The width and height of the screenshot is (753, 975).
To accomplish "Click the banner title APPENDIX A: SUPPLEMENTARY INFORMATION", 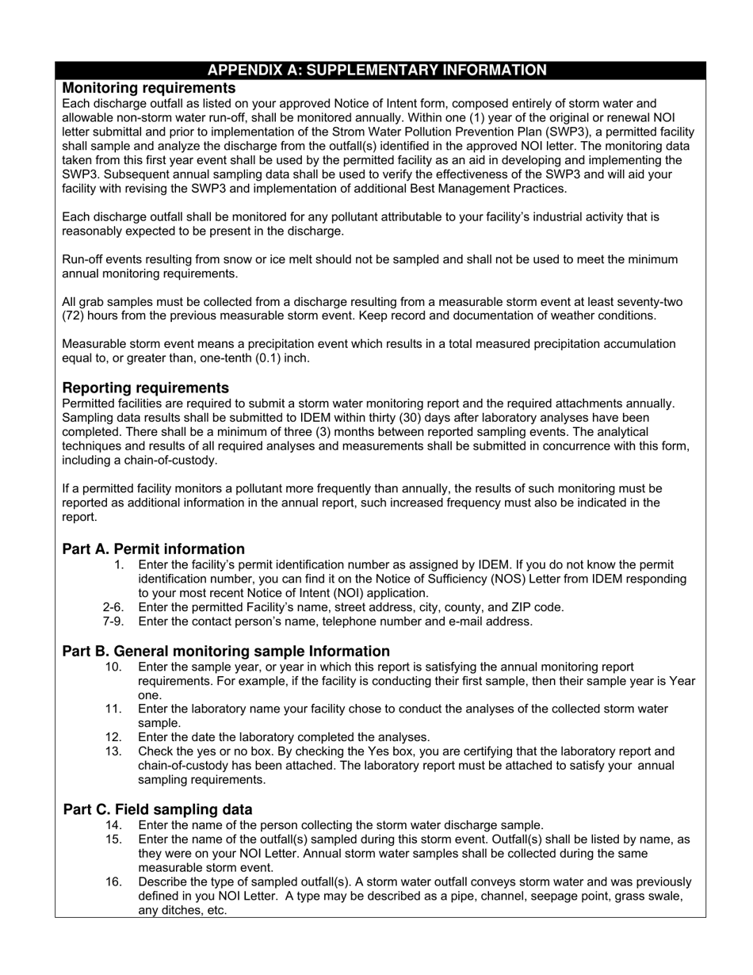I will (376, 71).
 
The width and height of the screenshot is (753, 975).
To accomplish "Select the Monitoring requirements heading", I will (149, 88).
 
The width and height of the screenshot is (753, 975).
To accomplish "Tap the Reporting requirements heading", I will (145, 388).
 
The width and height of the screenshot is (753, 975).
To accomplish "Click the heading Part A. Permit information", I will (153, 549).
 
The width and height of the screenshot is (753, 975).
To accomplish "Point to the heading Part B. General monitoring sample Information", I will (226, 651).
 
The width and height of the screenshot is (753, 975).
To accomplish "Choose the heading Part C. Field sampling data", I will (158, 809).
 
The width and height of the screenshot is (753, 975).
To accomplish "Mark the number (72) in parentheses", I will (75, 315).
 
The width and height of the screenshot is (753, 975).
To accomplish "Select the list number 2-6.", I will (113, 607).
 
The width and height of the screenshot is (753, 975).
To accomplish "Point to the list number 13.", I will (113, 751).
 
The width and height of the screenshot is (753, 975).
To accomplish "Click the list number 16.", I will (113, 881).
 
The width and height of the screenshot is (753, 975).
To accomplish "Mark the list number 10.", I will (113, 667).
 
